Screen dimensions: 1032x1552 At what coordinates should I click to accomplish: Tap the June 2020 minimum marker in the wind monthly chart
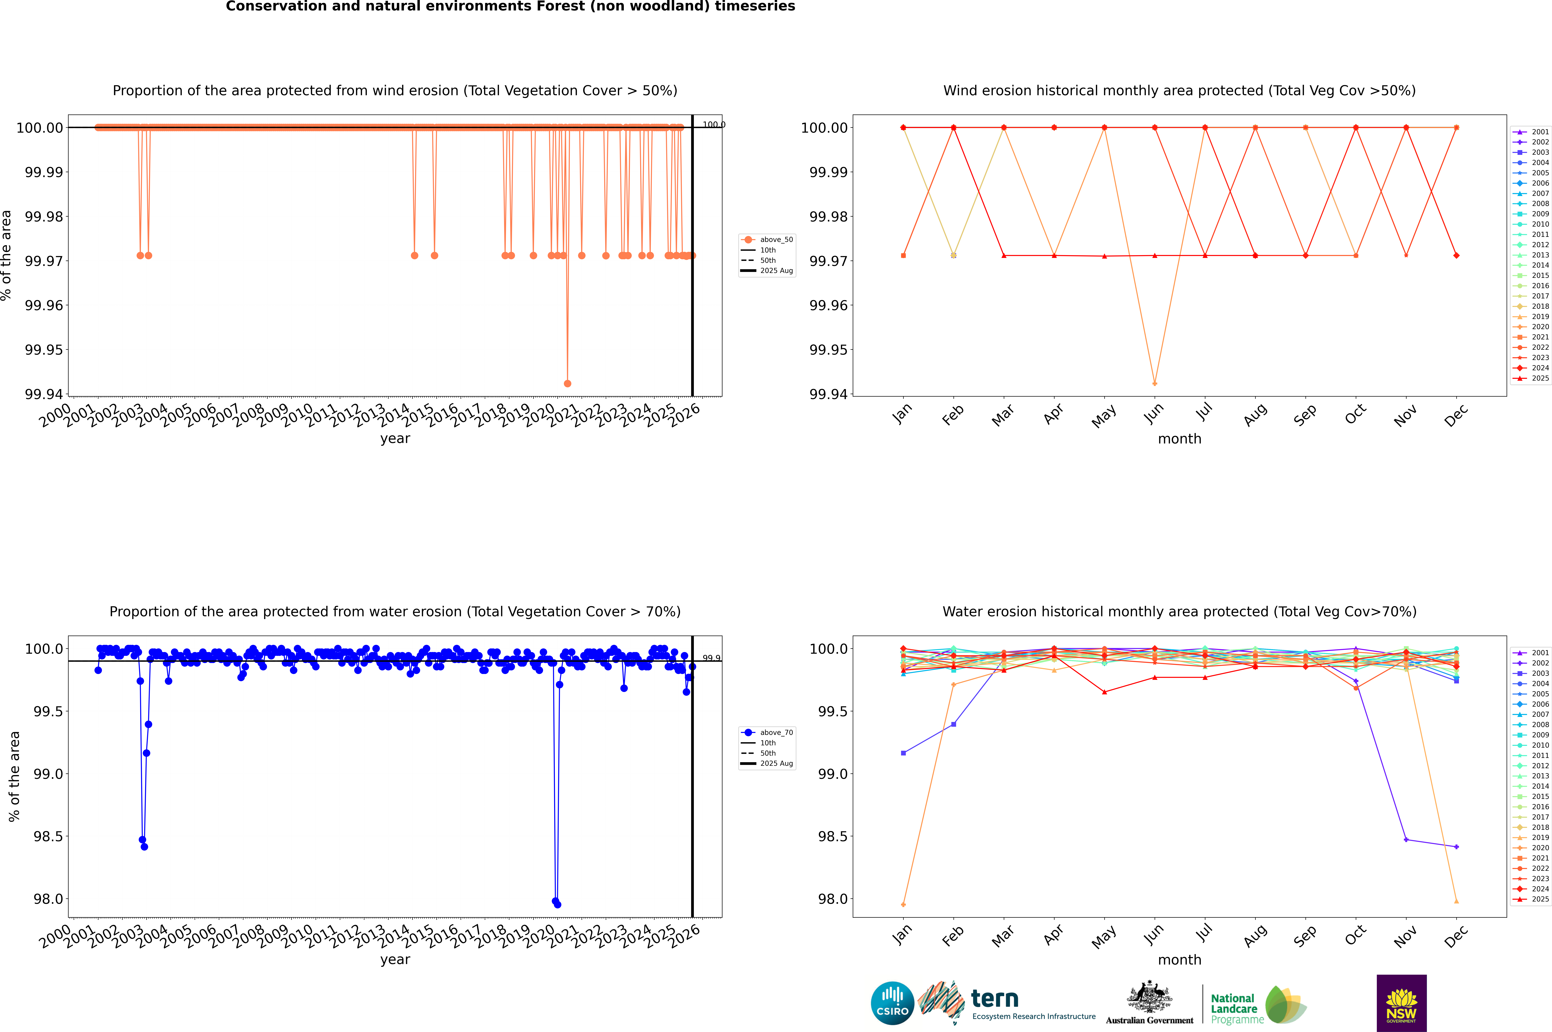[1155, 383]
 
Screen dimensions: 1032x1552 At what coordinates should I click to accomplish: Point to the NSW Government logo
[1401, 1003]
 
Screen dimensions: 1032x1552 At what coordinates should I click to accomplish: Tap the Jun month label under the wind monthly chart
[1153, 415]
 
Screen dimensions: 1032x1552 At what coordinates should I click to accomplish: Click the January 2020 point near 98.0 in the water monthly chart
[903, 904]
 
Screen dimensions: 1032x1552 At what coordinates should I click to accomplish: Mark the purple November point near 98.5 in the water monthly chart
[1406, 840]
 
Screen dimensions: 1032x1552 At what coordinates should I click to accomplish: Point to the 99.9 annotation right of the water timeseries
[711, 658]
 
